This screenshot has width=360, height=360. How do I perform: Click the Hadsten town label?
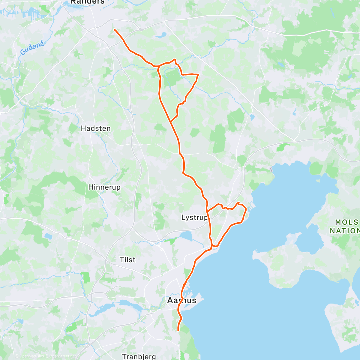[96, 128]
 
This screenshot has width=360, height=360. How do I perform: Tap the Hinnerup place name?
[104, 187]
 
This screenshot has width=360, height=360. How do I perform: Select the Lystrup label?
[194, 217]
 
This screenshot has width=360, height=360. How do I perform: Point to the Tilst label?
[127, 259]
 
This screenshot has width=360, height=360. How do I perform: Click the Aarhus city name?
[181, 300]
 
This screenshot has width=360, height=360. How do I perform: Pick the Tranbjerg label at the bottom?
[139, 357]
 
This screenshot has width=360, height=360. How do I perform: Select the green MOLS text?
[347, 222]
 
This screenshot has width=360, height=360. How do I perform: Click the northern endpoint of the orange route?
[115, 29]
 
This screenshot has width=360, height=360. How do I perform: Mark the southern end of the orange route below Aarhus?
[178, 330]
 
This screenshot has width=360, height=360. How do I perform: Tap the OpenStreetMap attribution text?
[63, 356]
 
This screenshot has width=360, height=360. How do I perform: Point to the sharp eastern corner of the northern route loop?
[198, 74]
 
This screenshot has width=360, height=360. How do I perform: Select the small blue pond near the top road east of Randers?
[161, 35]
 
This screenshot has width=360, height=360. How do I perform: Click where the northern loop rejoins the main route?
[171, 121]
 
